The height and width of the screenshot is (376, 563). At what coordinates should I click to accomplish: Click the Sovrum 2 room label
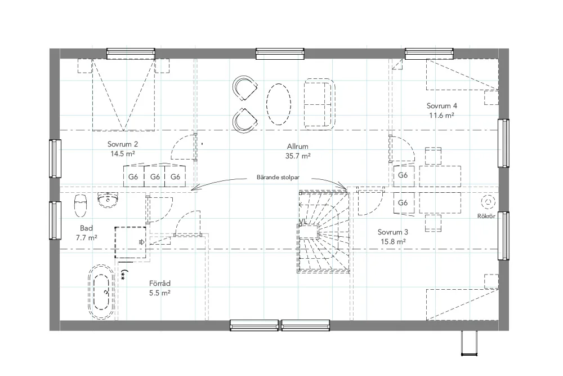tap(122, 144)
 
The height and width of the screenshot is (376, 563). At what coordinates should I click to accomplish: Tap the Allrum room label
tap(298, 147)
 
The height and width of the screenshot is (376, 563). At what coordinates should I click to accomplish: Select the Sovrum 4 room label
tap(441, 106)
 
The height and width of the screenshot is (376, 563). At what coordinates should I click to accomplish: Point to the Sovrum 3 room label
tap(393, 232)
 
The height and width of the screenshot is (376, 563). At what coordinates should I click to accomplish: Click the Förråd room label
tap(160, 284)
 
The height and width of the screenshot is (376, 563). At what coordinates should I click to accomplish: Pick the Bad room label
tap(87, 228)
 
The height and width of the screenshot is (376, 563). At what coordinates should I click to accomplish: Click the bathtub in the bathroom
tap(101, 292)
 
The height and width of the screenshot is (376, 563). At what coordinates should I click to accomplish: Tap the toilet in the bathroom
tap(81, 206)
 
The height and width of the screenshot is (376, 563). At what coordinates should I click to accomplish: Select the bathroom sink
tap(108, 200)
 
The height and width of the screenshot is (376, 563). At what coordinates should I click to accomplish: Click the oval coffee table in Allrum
tap(279, 104)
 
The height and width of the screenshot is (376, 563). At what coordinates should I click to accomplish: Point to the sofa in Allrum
tap(320, 104)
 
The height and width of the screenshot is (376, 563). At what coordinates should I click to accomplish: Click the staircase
tap(324, 232)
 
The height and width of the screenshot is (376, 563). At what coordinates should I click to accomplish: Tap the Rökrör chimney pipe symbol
tap(488, 202)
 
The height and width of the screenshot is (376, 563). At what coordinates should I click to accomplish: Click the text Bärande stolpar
tap(278, 178)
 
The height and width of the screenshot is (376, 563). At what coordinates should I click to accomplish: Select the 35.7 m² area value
tap(298, 156)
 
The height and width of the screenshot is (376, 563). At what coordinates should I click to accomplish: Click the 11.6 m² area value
tap(441, 116)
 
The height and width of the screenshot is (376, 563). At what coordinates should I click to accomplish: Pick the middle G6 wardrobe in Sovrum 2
tap(154, 176)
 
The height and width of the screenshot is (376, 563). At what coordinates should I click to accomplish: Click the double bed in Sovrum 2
tap(123, 95)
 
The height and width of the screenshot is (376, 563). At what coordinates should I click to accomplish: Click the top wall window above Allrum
tap(280, 54)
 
